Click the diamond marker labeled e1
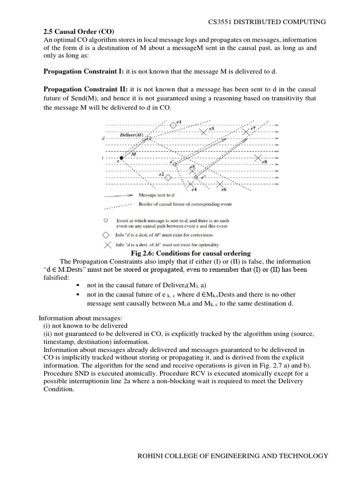[173, 125]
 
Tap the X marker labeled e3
[203, 132]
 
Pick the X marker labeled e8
[257, 158]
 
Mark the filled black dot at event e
[121, 159]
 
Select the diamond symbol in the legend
[106, 234]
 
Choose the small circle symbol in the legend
[106, 219]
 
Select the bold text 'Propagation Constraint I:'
[84, 71]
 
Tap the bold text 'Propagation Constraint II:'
[86, 89]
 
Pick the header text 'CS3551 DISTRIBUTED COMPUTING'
[267, 22]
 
